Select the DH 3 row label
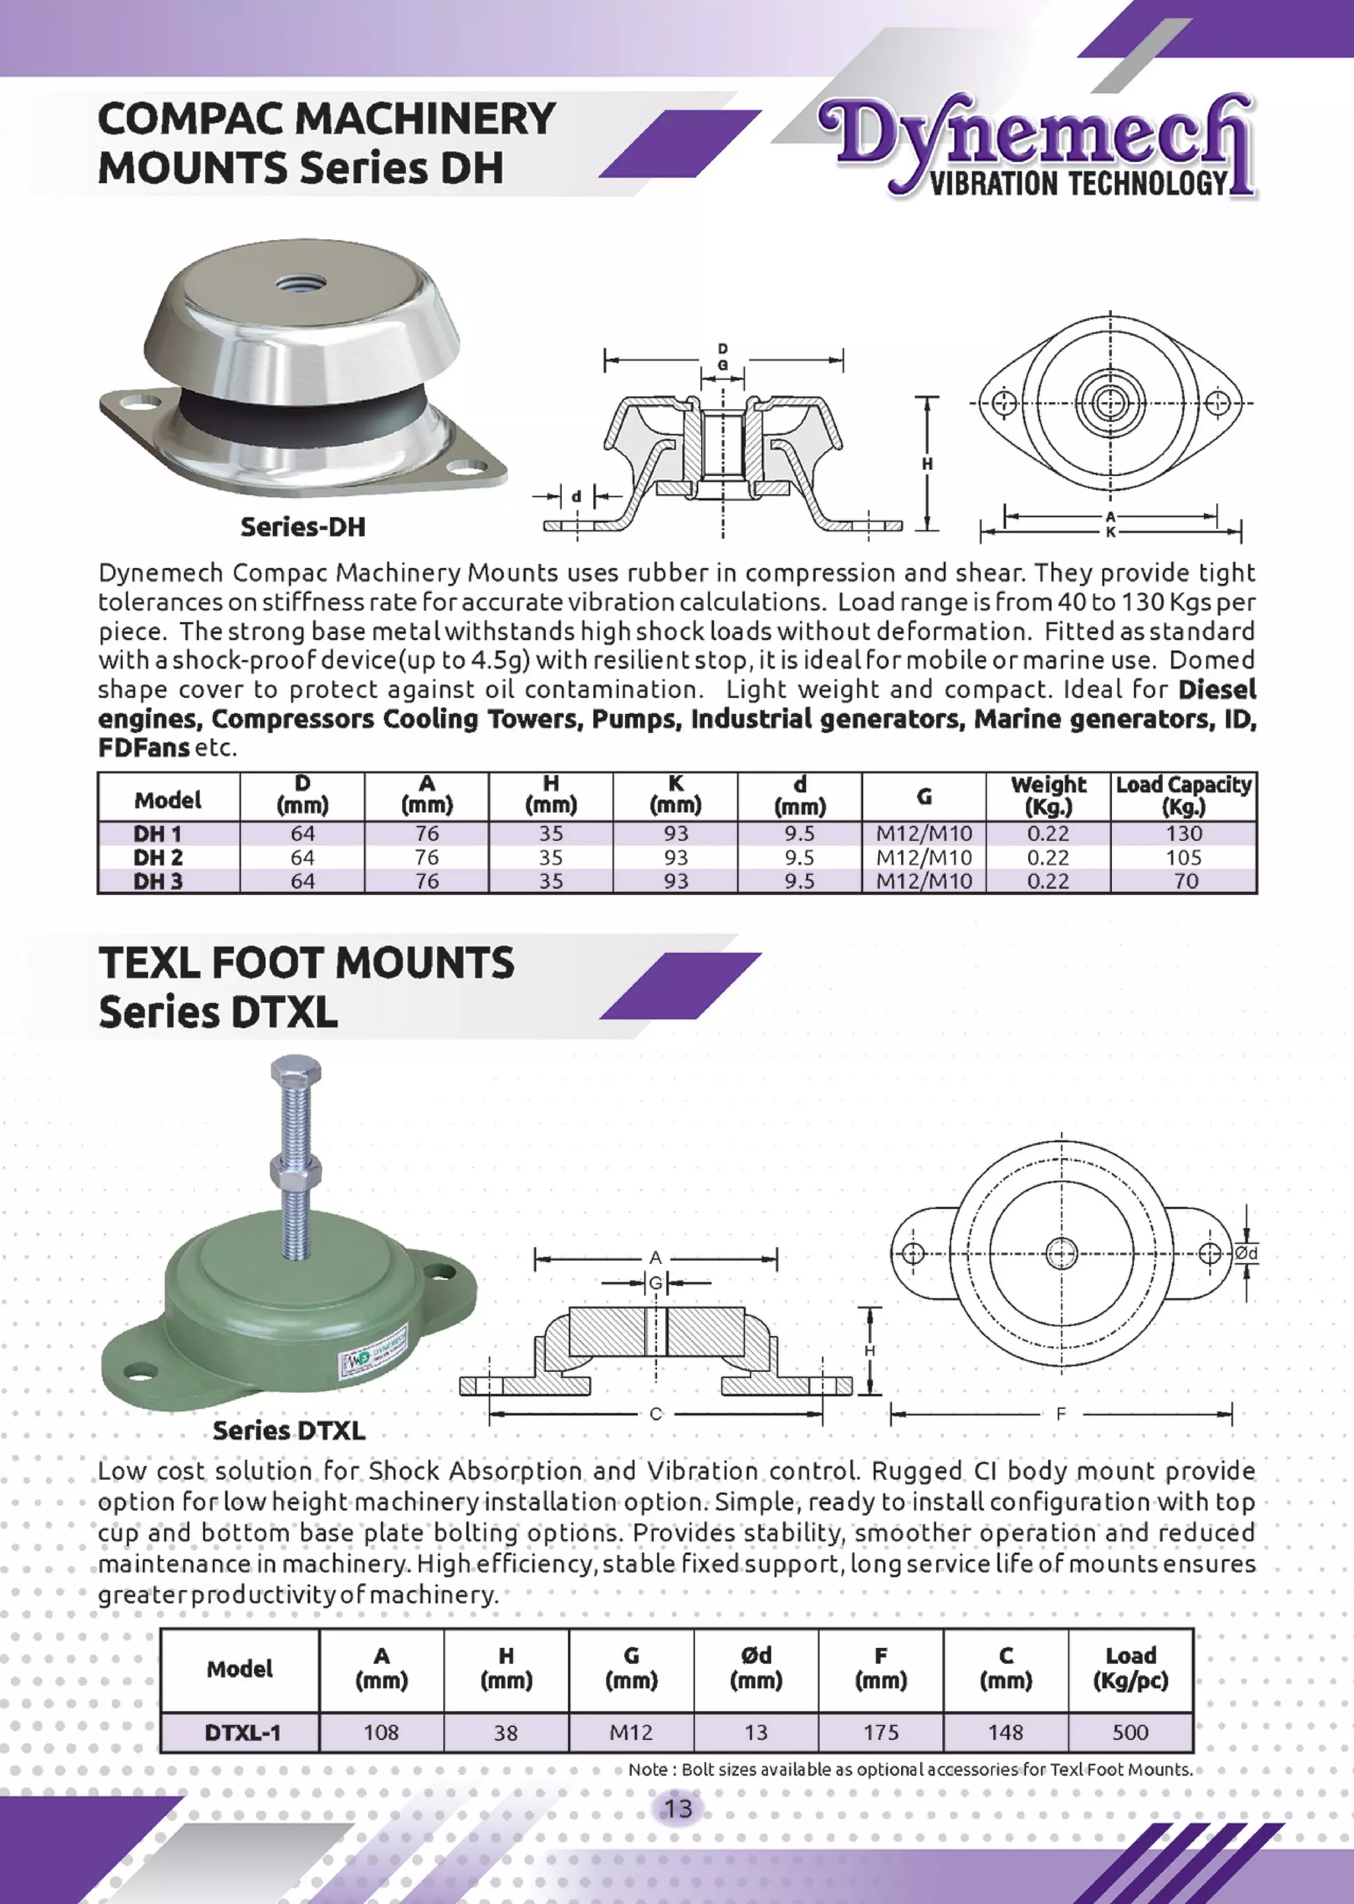click(157, 881)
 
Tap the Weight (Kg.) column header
click(1048, 795)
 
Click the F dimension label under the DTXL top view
click(1060, 1414)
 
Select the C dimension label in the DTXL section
click(655, 1414)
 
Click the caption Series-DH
click(303, 527)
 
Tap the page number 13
click(677, 1808)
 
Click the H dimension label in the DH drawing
click(927, 463)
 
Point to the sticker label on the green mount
click(373, 1349)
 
